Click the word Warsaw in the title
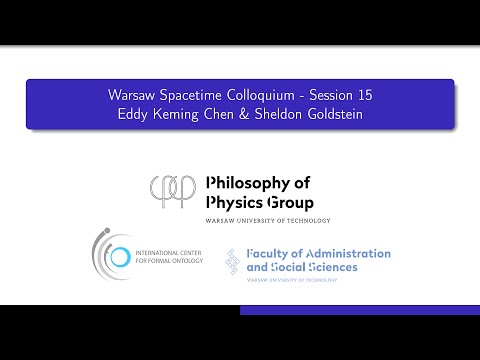[131, 95]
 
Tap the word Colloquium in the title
[264, 95]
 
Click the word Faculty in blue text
[269, 254]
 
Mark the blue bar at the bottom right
[359, 310]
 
